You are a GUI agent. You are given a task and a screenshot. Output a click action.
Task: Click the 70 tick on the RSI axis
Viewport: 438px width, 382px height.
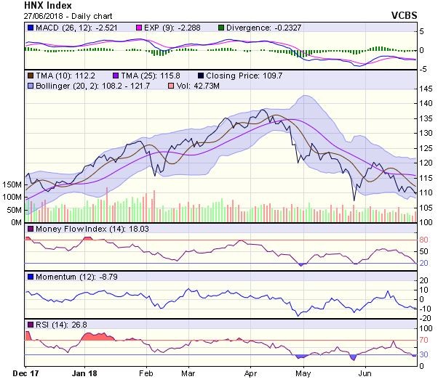coord(424,339)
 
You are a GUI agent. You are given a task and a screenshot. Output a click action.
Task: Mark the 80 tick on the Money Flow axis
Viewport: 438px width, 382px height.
coord(424,240)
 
